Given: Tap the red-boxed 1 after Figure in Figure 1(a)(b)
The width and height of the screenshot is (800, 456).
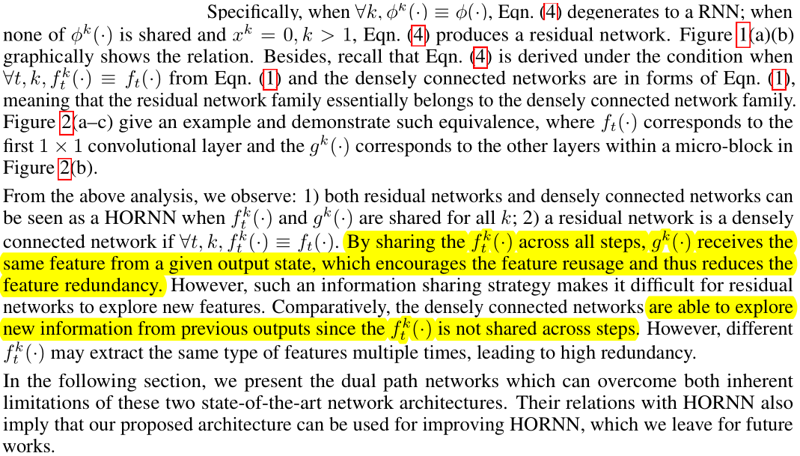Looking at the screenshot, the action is pos(743,34).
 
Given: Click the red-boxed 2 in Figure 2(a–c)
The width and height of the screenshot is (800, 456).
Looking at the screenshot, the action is pos(66,123).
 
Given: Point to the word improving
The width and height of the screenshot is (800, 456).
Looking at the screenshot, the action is pos(461,425).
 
